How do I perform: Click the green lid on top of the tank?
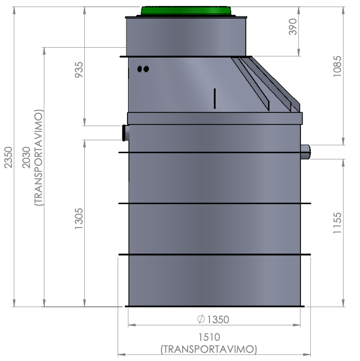186,11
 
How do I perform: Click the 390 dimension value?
293,27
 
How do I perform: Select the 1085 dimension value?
337,66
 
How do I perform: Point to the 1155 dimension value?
337,223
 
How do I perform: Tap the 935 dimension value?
79,70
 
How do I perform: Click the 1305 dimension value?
79,219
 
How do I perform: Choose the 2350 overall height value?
9,157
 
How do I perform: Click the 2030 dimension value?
26,157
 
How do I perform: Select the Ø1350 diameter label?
213,319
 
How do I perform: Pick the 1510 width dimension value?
209,337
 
